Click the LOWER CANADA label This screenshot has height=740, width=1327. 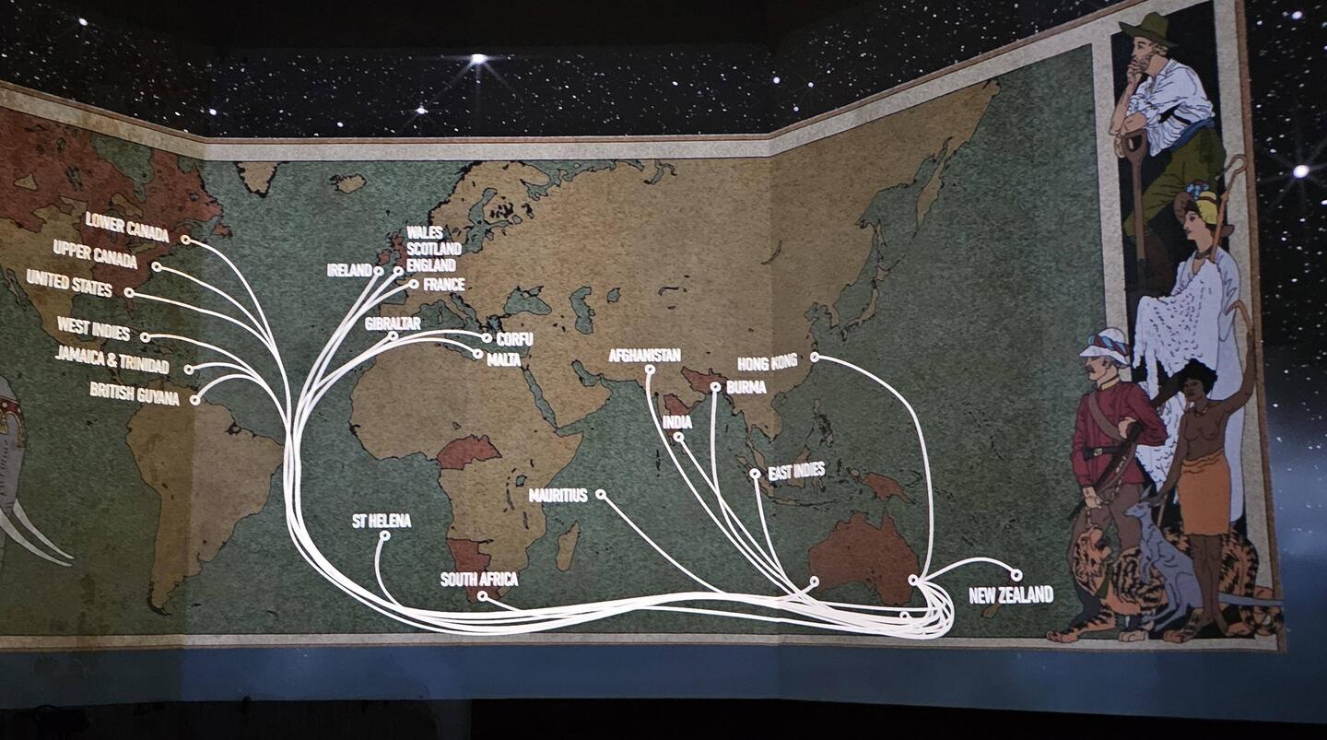(127, 226)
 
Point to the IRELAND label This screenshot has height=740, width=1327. (349, 270)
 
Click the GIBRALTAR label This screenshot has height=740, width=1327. (393, 323)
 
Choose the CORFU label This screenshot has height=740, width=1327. (514, 339)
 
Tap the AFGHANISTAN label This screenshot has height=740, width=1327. (644, 355)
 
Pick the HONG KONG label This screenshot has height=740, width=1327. (768, 362)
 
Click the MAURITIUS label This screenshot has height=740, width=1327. (558, 495)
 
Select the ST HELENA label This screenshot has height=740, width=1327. (382, 521)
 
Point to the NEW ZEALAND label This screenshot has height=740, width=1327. (1011, 595)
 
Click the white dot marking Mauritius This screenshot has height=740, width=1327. (600, 494)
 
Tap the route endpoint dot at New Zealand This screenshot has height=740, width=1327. (1016, 574)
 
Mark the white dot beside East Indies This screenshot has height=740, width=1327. (755, 474)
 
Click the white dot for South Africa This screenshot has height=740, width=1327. (481, 595)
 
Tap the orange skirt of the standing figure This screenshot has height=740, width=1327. (1204, 492)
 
